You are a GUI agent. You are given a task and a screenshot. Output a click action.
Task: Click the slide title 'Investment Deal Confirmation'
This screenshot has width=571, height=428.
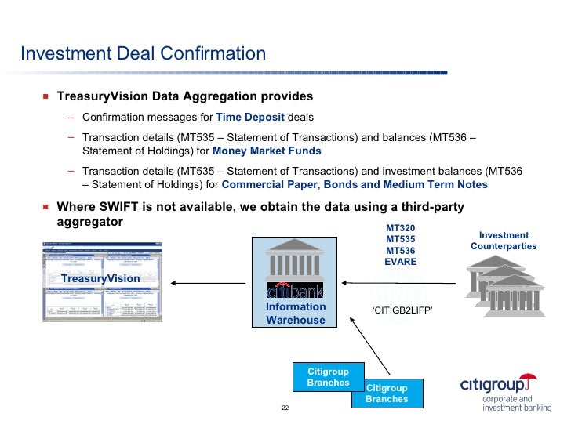[143, 54]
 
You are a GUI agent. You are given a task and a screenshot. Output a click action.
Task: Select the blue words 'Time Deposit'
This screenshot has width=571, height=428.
[250, 118]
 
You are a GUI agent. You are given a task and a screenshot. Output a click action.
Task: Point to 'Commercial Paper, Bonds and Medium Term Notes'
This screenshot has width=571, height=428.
[355, 185]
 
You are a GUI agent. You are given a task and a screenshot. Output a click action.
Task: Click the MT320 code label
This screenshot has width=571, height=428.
[400, 228]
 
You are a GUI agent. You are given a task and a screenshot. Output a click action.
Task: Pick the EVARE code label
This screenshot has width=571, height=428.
[400, 262]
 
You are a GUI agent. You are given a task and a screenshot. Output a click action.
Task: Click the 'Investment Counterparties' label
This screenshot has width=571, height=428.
[504, 241]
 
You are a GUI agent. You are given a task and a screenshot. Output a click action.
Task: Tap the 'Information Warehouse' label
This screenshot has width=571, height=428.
[296, 314]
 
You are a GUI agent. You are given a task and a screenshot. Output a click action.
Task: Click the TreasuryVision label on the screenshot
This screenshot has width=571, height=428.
[100, 278]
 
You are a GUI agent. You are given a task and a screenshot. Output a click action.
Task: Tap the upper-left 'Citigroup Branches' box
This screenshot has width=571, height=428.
[328, 376]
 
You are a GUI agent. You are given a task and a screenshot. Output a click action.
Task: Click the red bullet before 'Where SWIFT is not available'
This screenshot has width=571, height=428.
[45, 208]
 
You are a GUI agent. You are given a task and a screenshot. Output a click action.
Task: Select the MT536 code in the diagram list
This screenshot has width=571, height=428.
[400, 251]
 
